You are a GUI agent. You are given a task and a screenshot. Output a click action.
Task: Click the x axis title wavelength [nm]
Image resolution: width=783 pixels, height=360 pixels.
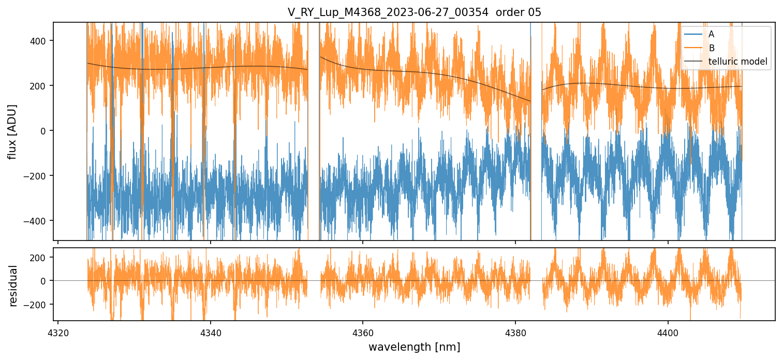pos(414,347)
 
